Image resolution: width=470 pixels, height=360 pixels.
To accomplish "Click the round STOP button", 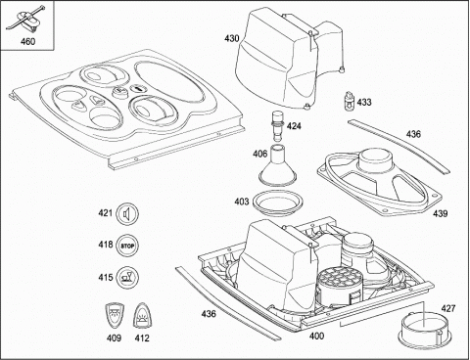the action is (x=127, y=246).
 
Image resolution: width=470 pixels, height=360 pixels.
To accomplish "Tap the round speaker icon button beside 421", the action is (x=127, y=214).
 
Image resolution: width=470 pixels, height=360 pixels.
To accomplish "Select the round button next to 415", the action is (x=127, y=278).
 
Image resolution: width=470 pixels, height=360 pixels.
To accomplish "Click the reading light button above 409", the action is (x=114, y=316).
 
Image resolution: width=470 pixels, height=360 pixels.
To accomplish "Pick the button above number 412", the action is (x=143, y=316).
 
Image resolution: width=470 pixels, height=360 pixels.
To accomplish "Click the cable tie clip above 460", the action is (x=26, y=20).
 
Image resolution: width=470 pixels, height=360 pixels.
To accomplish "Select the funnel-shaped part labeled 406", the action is (x=278, y=164).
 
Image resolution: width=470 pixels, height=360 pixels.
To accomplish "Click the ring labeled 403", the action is (x=278, y=202).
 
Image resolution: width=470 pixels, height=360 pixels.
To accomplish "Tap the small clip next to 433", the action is (x=350, y=102).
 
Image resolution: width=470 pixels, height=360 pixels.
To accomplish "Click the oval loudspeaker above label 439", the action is (x=380, y=181).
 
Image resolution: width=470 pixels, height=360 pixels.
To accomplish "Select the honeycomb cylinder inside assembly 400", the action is (x=340, y=286).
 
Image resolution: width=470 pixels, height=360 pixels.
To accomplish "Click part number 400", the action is (x=316, y=336).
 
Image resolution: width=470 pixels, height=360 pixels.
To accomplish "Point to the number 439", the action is (x=440, y=214).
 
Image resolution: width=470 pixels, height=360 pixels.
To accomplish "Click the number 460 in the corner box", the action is (x=27, y=42).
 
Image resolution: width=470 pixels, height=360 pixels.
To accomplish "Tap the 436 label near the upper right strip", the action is (x=413, y=134).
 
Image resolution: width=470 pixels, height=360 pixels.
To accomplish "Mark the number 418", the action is (x=105, y=245).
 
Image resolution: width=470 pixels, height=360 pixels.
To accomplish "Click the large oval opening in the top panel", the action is (x=169, y=82).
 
